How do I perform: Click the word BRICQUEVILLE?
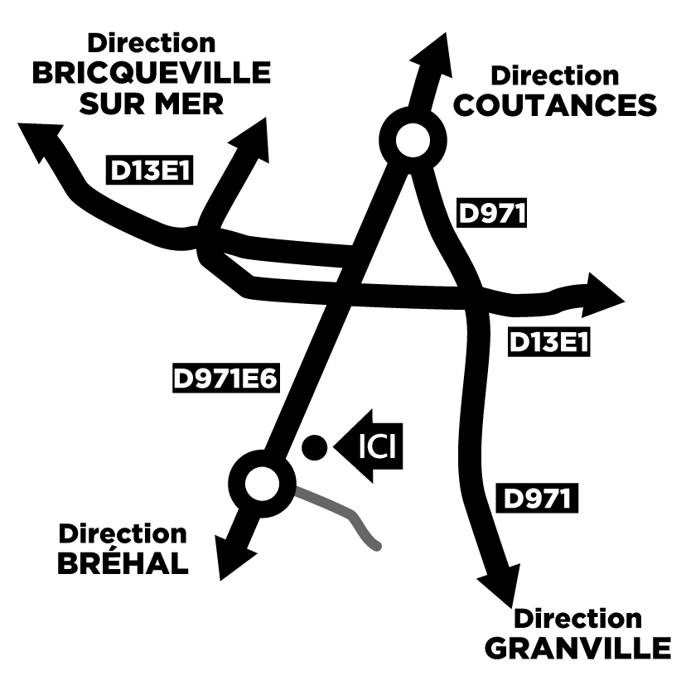click(x=152, y=74)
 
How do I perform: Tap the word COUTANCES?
click(x=557, y=105)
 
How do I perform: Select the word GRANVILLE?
click(x=577, y=649)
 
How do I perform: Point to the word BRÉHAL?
click(x=123, y=563)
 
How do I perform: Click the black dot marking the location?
click(x=313, y=447)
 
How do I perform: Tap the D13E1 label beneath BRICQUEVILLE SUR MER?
click(x=152, y=170)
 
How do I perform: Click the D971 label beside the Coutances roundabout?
click(x=493, y=214)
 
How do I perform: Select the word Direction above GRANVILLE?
click(x=577, y=619)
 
